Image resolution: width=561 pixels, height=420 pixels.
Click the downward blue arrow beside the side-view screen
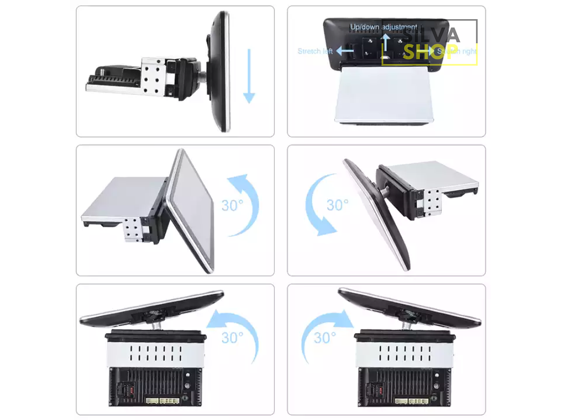tap(249, 76)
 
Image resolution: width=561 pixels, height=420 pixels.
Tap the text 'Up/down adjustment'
tap(383, 27)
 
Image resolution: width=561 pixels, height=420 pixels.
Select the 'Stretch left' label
tap(315, 51)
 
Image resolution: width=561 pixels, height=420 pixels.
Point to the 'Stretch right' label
tap(457, 51)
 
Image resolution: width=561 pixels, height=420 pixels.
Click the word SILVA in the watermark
tap(432, 35)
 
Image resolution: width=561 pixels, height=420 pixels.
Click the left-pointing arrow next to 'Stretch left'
tap(345, 51)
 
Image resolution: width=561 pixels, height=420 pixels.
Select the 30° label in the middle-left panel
tap(232, 205)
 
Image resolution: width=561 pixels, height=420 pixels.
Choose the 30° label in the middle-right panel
tap(338, 205)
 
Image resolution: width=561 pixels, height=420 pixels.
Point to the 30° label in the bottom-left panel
tap(232, 338)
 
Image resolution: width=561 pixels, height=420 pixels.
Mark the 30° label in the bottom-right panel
tap(325, 338)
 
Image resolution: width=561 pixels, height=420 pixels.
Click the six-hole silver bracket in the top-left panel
tap(153, 75)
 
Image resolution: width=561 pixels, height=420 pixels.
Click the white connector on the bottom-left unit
tap(169, 401)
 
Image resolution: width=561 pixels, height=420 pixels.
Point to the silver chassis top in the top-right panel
tap(384, 93)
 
